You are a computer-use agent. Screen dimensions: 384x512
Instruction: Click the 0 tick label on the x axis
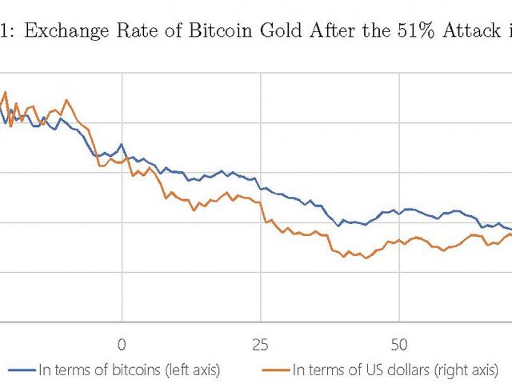pos(122,345)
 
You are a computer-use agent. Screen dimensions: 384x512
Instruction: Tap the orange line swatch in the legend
pos(275,370)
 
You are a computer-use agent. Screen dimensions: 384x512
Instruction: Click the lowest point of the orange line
pos(366,258)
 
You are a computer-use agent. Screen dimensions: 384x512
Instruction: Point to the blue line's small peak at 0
pos(121,145)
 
